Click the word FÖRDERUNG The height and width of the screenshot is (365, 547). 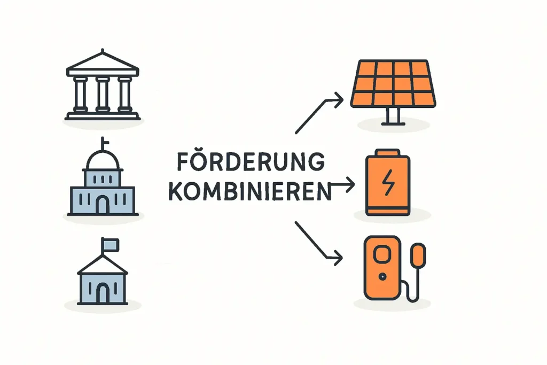[x=251, y=161]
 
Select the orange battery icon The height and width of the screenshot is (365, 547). [x=388, y=183]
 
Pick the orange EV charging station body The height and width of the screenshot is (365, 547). [x=382, y=268]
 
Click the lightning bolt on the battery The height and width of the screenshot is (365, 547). [x=388, y=182]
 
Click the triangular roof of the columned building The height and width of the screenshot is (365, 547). [x=103, y=63]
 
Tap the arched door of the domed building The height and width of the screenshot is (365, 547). [x=102, y=205]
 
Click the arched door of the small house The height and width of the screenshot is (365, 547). [x=102, y=293]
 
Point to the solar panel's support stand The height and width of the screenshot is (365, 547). [x=393, y=116]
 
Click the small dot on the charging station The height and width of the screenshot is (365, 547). [x=382, y=277]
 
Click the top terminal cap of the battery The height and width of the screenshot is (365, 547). [x=387, y=152]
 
